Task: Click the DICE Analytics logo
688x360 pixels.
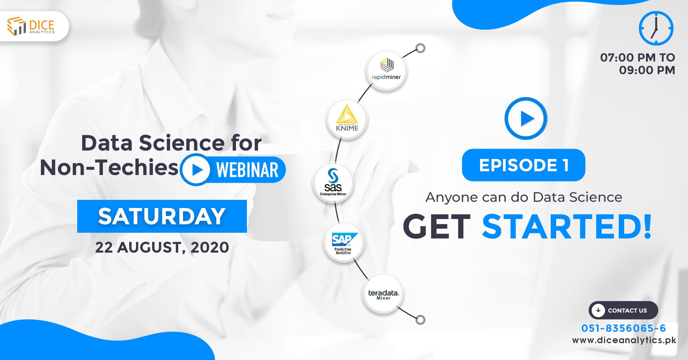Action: pyautogui.click(x=31, y=26)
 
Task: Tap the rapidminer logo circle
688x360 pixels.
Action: pyautogui.click(x=386, y=71)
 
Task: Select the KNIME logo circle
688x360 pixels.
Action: pyautogui.click(x=347, y=119)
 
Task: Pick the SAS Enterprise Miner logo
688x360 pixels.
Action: pyautogui.click(x=333, y=183)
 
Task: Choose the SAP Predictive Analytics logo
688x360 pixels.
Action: pyautogui.click(x=344, y=242)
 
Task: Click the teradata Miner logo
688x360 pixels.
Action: pyautogui.click(x=383, y=294)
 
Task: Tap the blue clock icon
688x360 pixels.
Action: pyautogui.click(x=656, y=28)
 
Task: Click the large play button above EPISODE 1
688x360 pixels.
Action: pyautogui.click(x=526, y=118)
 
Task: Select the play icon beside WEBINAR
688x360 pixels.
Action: pyautogui.click(x=195, y=169)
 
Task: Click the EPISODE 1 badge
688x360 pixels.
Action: pyautogui.click(x=523, y=165)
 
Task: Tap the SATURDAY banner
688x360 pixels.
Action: pyautogui.click(x=162, y=216)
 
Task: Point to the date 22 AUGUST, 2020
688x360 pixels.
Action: pyautogui.click(x=162, y=247)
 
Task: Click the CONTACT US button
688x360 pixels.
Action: pyautogui.click(x=623, y=310)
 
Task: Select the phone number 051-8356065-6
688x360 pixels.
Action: pyautogui.click(x=623, y=328)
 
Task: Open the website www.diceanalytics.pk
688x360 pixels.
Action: pyautogui.click(x=624, y=340)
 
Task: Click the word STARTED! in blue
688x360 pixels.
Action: pyautogui.click(x=567, y=227)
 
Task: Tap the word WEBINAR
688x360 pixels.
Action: pyautogui.click(x=247, y=170)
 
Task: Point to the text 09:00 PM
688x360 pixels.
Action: pyautogui.click(x=647, y=70)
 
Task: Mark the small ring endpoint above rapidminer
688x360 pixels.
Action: pyautogui.click(x=420, y=49)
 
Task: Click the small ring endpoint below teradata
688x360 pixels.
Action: pyautogui.click(x=420, y=320)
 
